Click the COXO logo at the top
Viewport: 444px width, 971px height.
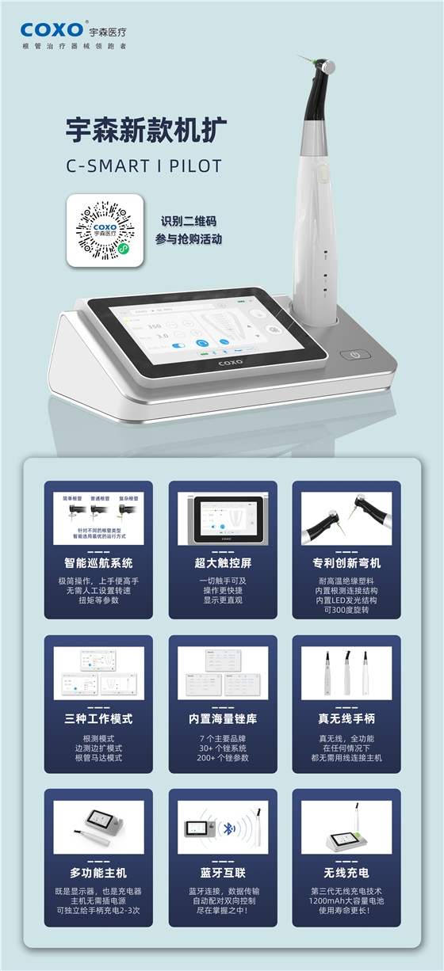[52, 30]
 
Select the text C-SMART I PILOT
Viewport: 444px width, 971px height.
[144, 166]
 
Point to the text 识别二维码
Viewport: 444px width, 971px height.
[188, 221]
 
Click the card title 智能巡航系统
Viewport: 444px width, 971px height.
[98, 563]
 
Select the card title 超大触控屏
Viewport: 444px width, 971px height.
[223, 563]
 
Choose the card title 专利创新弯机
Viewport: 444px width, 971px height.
[346, 563]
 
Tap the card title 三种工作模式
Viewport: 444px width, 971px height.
[98, 719]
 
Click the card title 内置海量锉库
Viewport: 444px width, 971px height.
[223, 719]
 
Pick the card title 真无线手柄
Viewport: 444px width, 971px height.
[346, 719]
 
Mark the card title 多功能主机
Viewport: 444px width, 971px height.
[98, 873]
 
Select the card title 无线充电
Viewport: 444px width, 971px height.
[346, 873]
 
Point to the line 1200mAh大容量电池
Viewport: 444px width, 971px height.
[346, 903]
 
